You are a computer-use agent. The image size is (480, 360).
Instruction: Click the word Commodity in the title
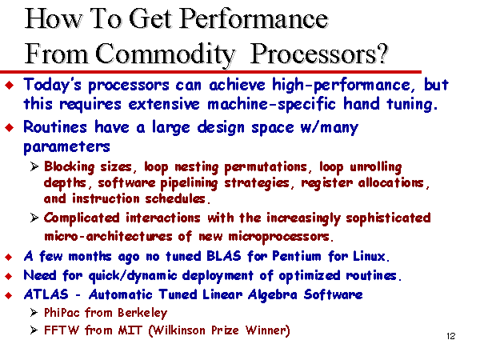click(166, 54)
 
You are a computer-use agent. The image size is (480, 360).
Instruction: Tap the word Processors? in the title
click(319, 54)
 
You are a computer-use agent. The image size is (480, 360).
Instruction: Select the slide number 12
click(451, 336)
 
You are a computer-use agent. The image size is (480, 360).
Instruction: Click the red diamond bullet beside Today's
click(10, 85)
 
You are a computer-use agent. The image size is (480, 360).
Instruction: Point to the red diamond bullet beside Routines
click(10, 127)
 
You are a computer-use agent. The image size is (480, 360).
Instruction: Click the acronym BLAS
click(224, 256)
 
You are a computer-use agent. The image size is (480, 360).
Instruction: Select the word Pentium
click(297, 256)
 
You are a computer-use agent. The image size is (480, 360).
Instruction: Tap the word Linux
click(371, 256)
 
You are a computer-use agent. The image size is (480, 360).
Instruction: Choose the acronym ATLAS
click(46, 294)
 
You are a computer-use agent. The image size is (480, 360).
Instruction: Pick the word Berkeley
click(142, 313)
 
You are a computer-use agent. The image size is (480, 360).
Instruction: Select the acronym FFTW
click(62, 330)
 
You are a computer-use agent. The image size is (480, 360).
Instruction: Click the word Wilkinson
click(178, 330)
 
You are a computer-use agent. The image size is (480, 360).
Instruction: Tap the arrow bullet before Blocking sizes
click(34, 167)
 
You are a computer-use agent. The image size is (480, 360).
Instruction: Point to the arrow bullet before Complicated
click(34, 218)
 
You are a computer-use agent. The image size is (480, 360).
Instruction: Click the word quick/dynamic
click(133, 275)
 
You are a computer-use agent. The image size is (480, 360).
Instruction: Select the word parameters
click(66, 147)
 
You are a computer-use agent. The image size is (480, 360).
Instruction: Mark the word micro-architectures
click(108, 236)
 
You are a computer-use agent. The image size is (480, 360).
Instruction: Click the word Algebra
click(273, 295)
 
